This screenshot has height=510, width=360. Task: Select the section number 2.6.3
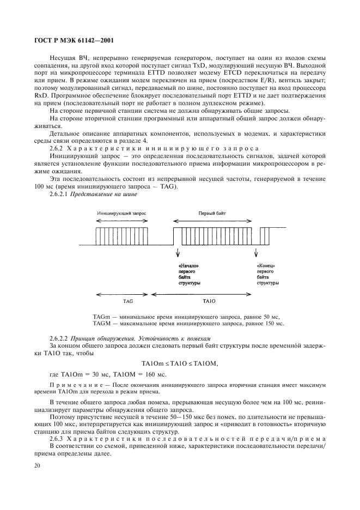[x=57, y=439]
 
